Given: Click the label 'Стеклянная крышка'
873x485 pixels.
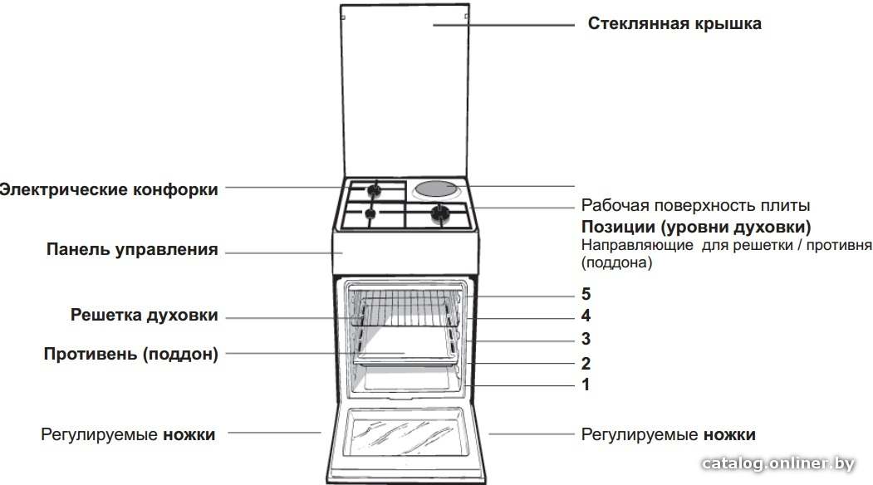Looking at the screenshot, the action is (674, 24).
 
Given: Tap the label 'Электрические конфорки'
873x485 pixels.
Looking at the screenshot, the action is (109, 189).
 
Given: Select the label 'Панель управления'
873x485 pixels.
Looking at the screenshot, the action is (132, 249).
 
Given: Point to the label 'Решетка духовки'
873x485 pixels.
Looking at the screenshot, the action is (144, 315).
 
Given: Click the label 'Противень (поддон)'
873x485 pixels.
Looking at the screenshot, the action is (131, 354).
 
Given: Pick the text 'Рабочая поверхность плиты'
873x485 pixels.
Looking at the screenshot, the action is (695, 205).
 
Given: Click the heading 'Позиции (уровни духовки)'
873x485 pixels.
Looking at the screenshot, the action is (696, 228).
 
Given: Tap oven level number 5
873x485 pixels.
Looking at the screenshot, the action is (586, 293).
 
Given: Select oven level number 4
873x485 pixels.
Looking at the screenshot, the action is (586, 316).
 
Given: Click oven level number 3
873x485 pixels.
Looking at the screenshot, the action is (586, 339).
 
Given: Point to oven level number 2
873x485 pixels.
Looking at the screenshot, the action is (586, 363).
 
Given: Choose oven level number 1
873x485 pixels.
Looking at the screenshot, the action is (586, 385).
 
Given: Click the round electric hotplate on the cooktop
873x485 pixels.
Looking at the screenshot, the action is (438, 189).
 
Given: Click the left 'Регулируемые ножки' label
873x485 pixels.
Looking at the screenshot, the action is (128, 434).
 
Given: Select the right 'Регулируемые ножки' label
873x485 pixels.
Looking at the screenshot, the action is (668, 434).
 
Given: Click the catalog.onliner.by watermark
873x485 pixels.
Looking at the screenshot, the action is (777, 464).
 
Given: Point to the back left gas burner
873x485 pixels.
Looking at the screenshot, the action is (374, 190).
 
